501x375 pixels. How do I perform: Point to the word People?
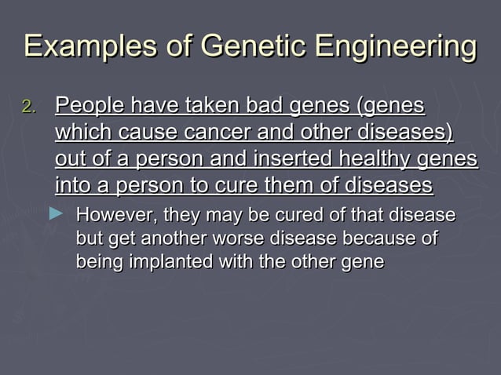click(x=88, y=105)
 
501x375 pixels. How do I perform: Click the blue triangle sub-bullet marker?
click(x=57, y=213)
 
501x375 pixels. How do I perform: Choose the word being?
click(x=94, y=262)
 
